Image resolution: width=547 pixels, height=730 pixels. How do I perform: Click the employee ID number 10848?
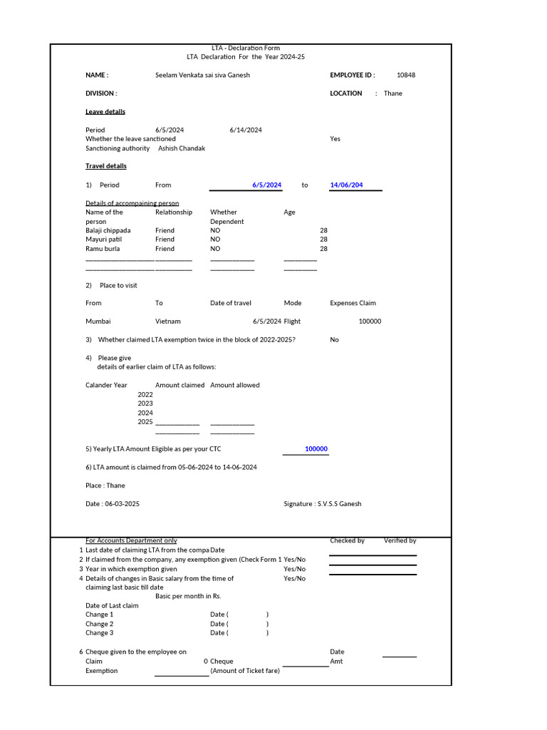click(x=405, y=75)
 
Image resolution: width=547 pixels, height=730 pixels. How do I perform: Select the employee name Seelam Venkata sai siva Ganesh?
click(x=202, y=75)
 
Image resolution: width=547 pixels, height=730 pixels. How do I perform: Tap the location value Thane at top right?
click(x=392, y=93)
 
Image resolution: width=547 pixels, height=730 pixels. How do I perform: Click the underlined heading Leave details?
click(x=105, y=112)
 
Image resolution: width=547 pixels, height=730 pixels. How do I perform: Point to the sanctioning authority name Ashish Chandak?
click(x=181, y=148)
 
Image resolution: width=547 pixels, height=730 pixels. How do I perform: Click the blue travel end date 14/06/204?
click(x=346, y=185)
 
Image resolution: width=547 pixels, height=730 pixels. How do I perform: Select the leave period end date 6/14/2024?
click(x=245, y=130)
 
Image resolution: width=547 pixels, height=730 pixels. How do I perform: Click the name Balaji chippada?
click(x=108, y=231)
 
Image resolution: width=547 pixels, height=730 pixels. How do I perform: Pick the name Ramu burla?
click(x=103, y=250)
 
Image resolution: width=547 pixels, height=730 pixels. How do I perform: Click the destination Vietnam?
click(x=168, y=322)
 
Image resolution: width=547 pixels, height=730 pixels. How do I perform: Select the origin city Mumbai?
click(x=98, y=322)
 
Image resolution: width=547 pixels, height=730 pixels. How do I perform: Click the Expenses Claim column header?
click(x=353, y=303)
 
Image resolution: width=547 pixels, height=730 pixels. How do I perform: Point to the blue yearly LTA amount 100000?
click(x=316, y=449)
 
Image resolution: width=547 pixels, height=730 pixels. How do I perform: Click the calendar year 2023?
click(x=145, y=403)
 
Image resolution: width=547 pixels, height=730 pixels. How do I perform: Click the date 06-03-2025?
click(x=122, y=504)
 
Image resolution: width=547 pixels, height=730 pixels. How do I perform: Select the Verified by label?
click(x=400, y=541)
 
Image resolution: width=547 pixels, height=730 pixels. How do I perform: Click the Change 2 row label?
click(x=99, y=624)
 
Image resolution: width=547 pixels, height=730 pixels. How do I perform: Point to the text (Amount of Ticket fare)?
click(x=244, y=671)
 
